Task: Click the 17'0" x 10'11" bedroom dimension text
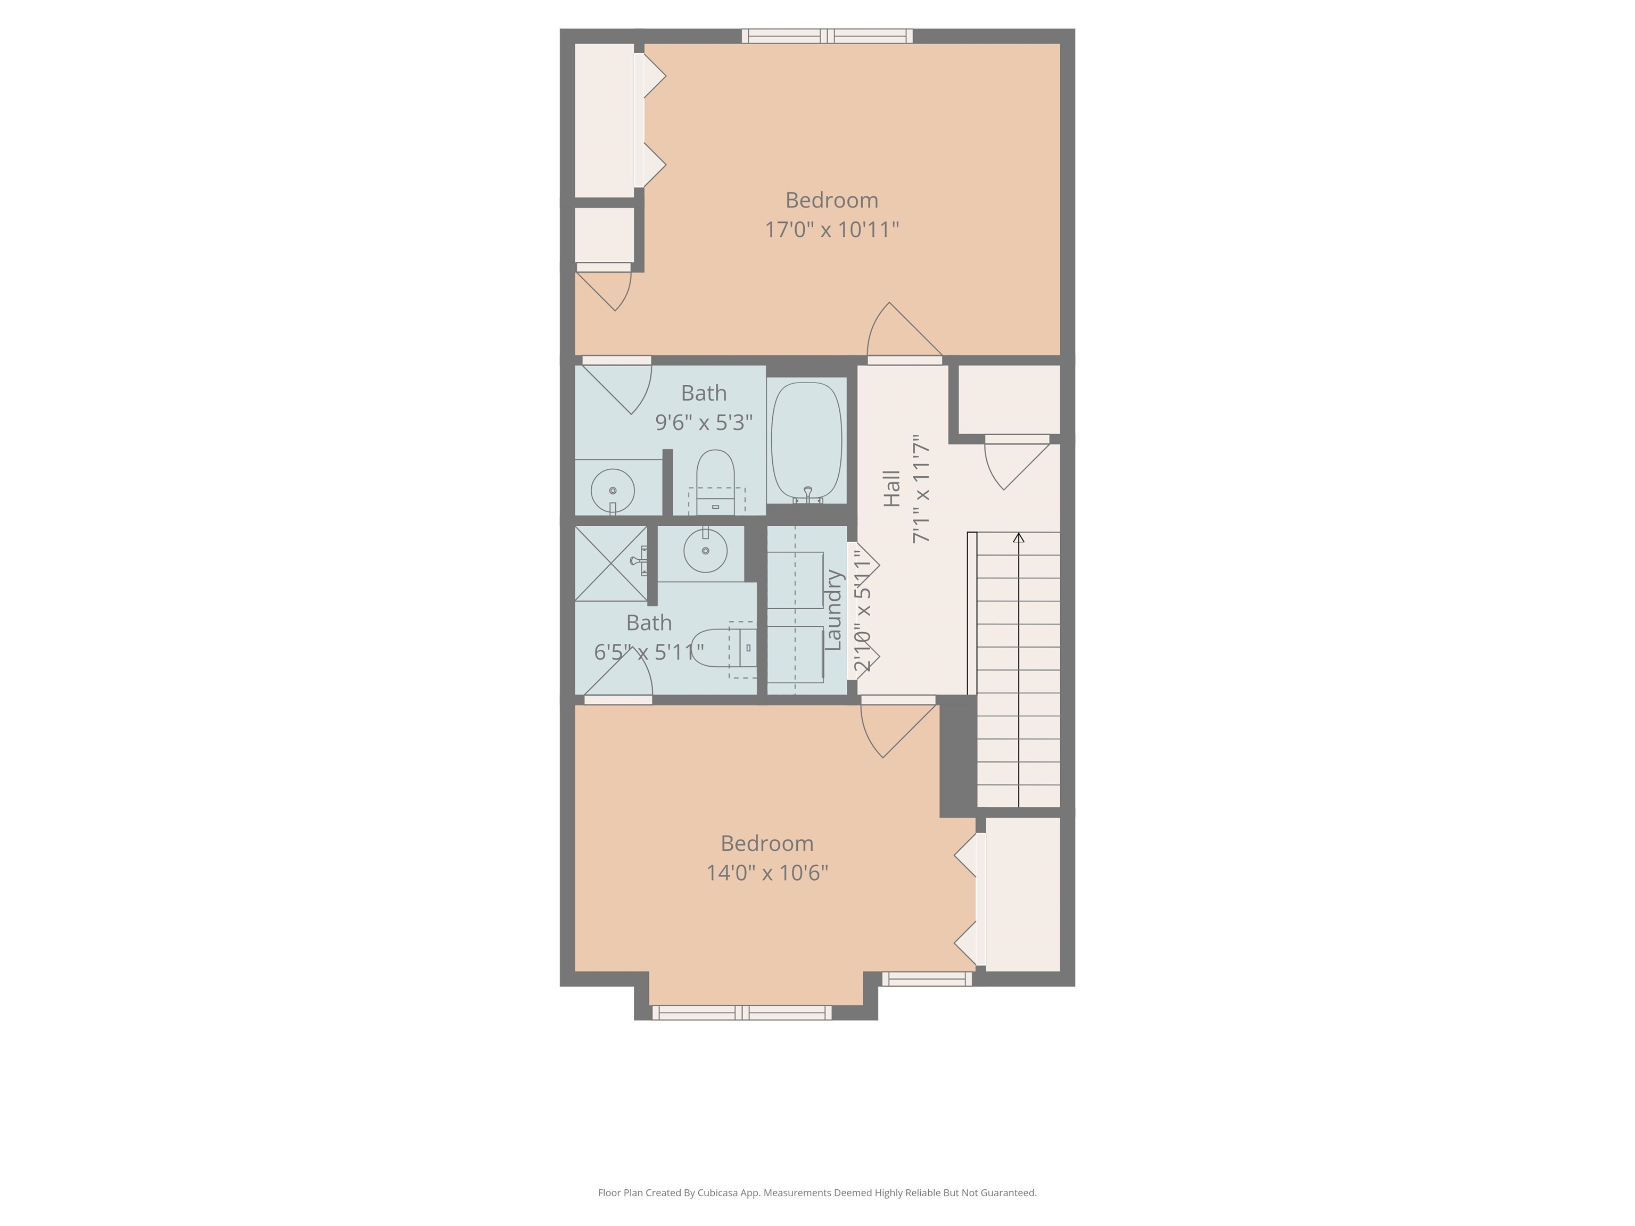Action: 831,230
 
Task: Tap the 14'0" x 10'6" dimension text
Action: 766,873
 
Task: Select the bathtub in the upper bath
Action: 806,441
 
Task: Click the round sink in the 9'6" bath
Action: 612,491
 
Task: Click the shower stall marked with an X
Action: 610,563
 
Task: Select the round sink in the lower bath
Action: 705,551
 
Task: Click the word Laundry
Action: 833,610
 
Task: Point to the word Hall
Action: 892,488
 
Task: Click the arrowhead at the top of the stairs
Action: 1019,537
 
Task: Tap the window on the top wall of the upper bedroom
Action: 827,36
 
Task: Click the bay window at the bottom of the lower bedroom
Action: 741,1013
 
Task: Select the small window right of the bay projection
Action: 926,979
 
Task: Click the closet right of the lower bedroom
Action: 1023,894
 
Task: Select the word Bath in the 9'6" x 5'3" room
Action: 704,393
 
